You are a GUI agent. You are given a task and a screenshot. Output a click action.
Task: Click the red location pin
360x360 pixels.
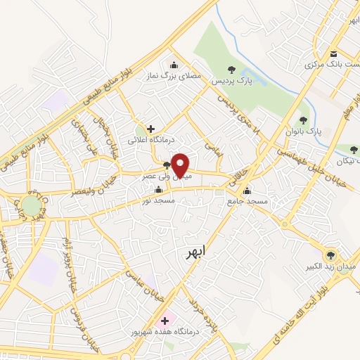[x=180, y=166]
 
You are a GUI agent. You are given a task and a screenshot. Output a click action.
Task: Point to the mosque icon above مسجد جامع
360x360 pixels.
[x=247, y=190]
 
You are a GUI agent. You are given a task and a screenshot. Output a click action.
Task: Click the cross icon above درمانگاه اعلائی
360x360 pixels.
[x=150, y=129]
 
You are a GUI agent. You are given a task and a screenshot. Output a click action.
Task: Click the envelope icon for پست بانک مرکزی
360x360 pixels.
[x=333, y=54]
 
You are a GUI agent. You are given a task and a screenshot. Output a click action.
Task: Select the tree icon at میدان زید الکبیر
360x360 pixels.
[x=329, y=255]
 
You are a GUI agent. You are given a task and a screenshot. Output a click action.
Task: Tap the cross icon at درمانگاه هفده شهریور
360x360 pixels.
[x=165, y=320]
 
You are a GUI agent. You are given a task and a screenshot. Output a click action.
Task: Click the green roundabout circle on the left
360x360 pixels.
[x=31, y=206]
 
